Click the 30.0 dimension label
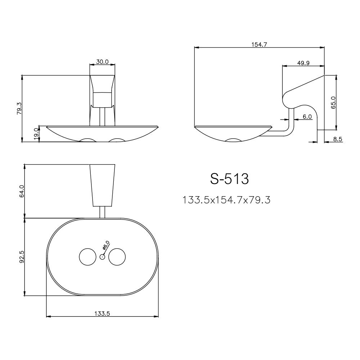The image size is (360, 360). pyautogui.click(x=102, y=62)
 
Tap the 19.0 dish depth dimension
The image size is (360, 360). pyautogui.click(x=36, y=134)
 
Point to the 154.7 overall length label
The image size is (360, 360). pyautogui.click(x=259, y=44)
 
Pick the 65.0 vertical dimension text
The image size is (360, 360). pyautogui.click(x=333, y=103)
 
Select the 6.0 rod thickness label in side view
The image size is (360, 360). pyautogui.click(x=307, y=117)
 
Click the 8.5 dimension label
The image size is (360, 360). pyautogui.click(x=338, y=139)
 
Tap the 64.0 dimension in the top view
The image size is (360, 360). pyautogui.click(x=22, y=191)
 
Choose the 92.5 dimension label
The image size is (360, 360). pyautogui.click(x=22, y=257)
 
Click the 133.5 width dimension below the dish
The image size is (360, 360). pyautogui.click(x=102, y=314)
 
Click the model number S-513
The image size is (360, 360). pyautogui.click(x=230, y=179)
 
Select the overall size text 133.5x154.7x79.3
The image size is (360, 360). pyautogui.click(x=227, y=200)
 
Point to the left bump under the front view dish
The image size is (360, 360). pyautogui.click(x=87, y=140)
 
